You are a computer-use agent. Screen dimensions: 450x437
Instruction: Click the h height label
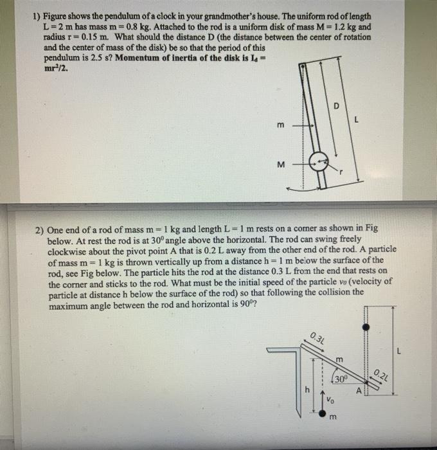307,390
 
